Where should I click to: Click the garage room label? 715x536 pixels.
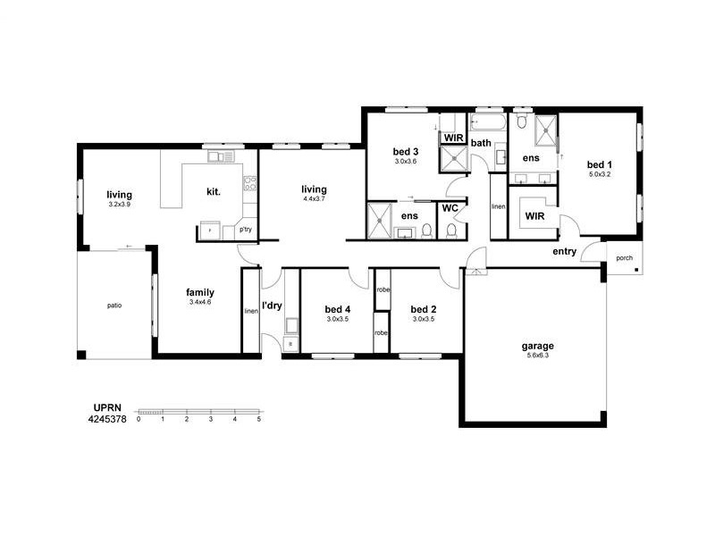[538, 347]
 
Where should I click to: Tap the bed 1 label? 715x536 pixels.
[599, 164]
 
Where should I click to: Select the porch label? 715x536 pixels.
[624, 258]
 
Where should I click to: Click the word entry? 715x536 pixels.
[565, 252]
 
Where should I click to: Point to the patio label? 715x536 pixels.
[114, 306]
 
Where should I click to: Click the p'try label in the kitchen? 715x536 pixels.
[246, 230]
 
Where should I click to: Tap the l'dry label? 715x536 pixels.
[272, 306]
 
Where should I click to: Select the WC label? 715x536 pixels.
[450, 208]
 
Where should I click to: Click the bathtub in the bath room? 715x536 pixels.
[488, 123]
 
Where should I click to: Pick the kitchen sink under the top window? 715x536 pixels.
[221, 157]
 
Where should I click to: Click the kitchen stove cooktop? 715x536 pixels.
[250, 183]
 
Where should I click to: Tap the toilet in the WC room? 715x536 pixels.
[451, 230]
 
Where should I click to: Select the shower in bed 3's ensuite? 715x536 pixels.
[379, 221]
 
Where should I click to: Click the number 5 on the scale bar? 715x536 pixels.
[258, 419]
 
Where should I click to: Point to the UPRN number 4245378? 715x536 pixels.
[107, 419]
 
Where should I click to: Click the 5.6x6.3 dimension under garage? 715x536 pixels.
[538, 356]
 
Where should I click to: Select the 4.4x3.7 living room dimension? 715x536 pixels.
[315, 199]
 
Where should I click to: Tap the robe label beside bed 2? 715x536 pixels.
[383, 289]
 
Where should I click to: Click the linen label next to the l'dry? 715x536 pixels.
[251, 311]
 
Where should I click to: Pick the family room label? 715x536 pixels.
[200, 293]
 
